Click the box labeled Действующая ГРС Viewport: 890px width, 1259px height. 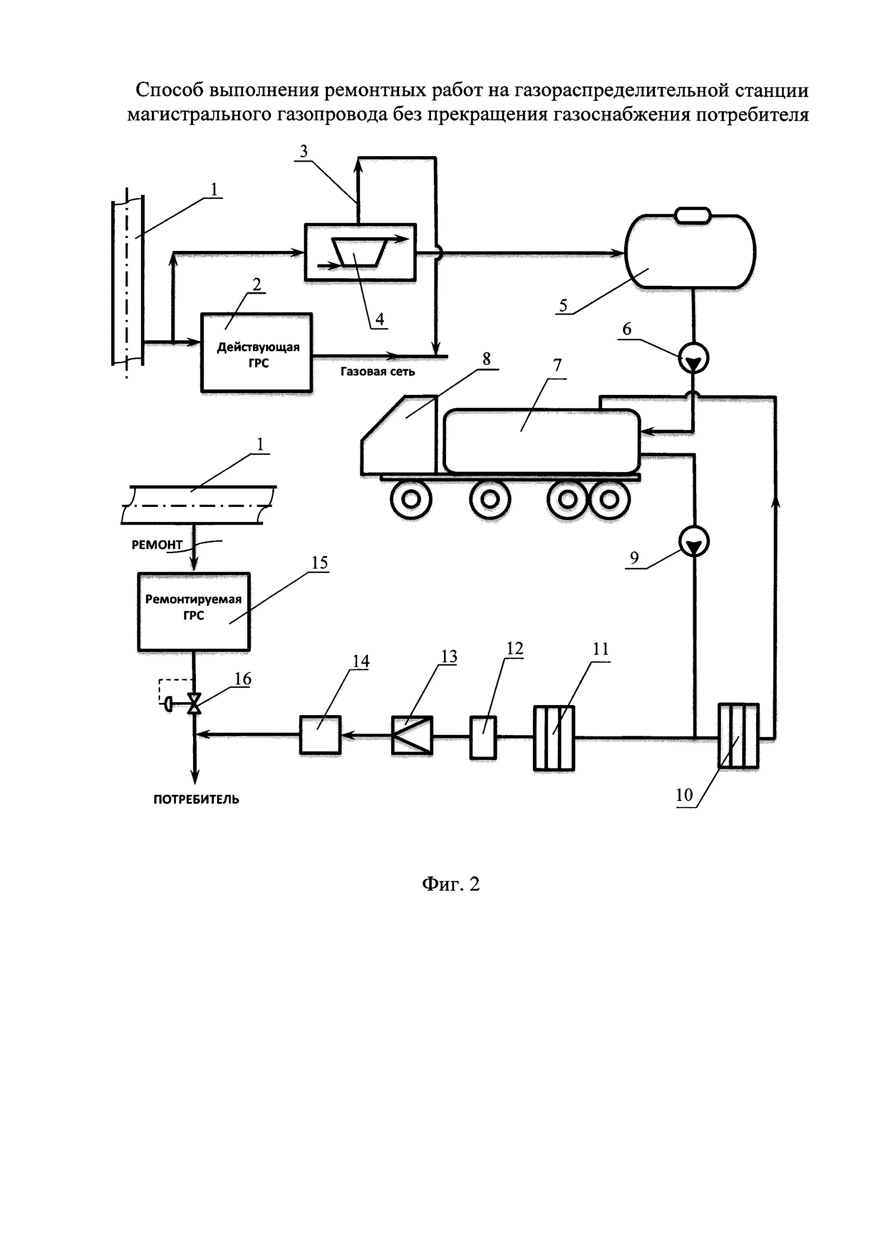[257, 353]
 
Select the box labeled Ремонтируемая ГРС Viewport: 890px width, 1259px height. [193, 612]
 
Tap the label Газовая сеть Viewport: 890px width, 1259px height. [377, 372]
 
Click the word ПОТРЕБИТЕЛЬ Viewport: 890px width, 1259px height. [196, 799]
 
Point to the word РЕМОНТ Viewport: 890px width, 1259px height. [157, 544]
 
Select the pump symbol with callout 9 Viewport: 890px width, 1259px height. [694, 542]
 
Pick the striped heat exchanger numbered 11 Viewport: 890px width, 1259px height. [554, 738]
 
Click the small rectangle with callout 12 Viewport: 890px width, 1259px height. [483, 737]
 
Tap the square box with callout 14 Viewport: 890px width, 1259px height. [320, 734]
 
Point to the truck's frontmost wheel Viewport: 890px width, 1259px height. [411, 499]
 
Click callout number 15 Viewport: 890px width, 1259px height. [320, 563]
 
